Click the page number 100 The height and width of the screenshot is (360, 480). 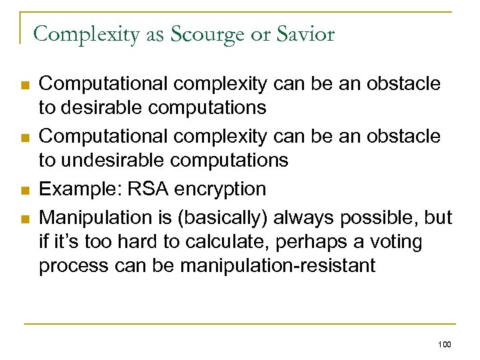(445, 344)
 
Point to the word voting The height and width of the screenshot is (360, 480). (396, 242)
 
